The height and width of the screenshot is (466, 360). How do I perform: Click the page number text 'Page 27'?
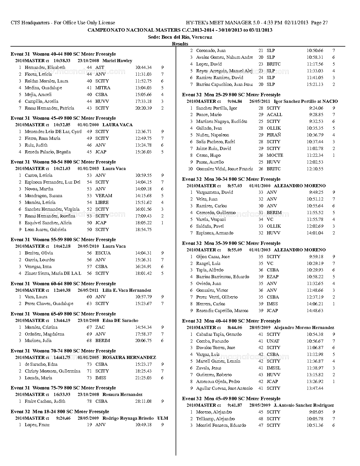(x=319, y=23)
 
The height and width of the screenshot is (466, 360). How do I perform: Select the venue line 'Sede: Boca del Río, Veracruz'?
(x=180, y=37)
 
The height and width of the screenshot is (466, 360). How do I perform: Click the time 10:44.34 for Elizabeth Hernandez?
(x=143, y=67)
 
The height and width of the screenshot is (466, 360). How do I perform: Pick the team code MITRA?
(x=103, y=88)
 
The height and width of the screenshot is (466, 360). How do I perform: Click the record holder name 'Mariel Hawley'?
(x=117, y=61)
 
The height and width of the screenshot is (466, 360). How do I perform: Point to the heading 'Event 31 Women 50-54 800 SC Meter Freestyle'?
(x=63, y=162)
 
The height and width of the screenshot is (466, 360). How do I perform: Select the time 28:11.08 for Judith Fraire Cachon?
(x=143, y=401)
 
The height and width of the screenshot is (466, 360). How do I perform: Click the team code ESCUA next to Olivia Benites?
(x=103, y=253)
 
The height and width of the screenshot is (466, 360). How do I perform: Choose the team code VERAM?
(x=104, y=196)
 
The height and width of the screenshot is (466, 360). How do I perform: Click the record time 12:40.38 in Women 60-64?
(x=62, y=290)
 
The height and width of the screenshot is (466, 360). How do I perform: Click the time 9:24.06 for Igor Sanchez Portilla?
(x=316, y=108)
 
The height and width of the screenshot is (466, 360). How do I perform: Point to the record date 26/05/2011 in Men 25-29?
(x=259, y=101)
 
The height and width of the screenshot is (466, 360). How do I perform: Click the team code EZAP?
(x=272, y=277)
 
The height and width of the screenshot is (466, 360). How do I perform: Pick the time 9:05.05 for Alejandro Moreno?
(x=316, y=412)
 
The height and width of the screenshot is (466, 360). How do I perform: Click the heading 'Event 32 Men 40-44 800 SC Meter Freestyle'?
(x=231, y=321)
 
